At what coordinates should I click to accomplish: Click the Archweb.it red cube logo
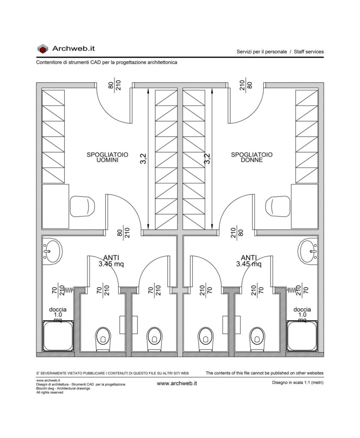pyautogui.click(x=43, y=49)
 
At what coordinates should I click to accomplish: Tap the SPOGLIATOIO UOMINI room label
pyautogui.click(x=107, y=157)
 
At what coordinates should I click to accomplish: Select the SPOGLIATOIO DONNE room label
pyautogui.click(x=252, y=157)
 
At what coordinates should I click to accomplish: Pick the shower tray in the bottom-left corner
pyautogui.click(x=58, y=336)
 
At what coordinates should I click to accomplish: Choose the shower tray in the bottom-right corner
pyautogui.click(x=302, y=336)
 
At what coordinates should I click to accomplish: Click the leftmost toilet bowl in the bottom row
pyautogui.click(x=103, y=339)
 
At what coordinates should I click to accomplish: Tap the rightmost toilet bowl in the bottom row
pyautogui.click(x=257, y=339)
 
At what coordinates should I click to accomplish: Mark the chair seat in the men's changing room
pyautogui.click(x=82, y=207)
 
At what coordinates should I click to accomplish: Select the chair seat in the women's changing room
pyautogui.click(x=278, y=207)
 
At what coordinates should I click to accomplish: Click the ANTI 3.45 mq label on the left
pyautogui.click(x=111, y=261)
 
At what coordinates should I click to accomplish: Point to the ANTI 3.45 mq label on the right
pyautogui.click(x=249, y=261)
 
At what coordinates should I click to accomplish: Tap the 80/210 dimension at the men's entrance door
pyautogui.click(x=115, y=85)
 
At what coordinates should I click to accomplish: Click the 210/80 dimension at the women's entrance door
pyautogui.click(x=246, y=85)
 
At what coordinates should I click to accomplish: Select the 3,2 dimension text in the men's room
pyautogui.click(x=143, y=159)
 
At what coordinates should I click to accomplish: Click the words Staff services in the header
pyautogui.click(x=309, y=52)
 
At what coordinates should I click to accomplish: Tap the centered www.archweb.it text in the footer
pyautogui.click(x=177, y=384)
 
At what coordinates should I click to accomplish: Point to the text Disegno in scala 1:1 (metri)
pyautogui.click(x=298, y=383)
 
